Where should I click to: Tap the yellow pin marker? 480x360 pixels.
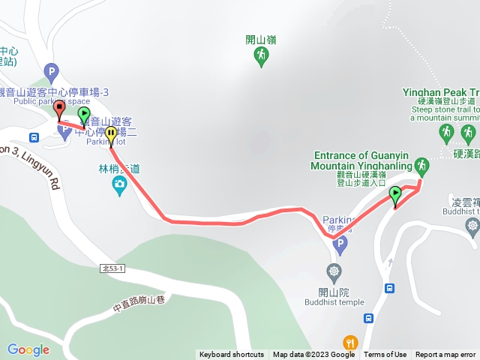click(111, 135)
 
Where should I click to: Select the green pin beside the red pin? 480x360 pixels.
click(84, 115)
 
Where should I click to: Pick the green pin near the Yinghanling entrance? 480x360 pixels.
click(395, 196)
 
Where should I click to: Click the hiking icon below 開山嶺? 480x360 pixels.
click(261, 56)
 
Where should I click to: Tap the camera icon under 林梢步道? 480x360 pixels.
click(119, 184)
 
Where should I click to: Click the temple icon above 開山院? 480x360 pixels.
click(334, 271)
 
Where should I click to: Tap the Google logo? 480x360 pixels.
click(28, 349)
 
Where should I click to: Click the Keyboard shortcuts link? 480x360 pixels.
click(232, 355)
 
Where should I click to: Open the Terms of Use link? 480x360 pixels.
click(385, 355)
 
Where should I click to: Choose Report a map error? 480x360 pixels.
click(445, 355)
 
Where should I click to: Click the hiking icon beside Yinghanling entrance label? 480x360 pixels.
click(421, 164)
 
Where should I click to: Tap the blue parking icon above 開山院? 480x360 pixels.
click(340, 244)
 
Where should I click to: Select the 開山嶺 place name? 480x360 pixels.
click(261, 40)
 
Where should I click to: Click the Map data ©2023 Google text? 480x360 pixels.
click(313, 355)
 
